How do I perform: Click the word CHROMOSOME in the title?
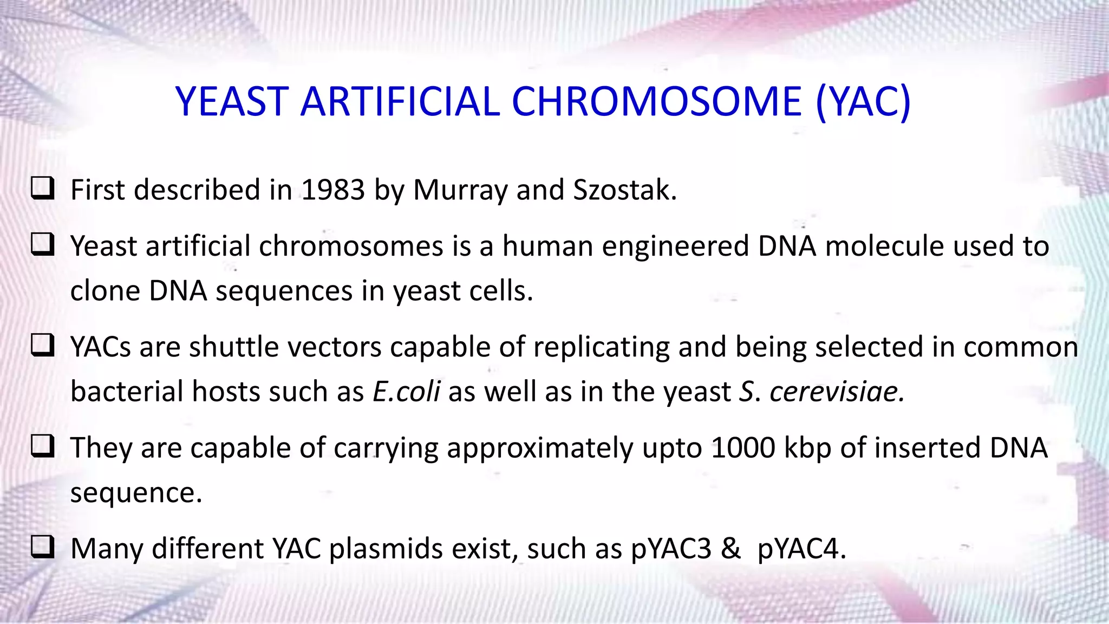pyautogui.click(x=656, y=102)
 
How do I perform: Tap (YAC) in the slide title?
pyautogui.click(x=863, y=102)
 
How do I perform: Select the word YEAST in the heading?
pyautogui.click(x=232, y=102)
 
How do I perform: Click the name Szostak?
pyautogui.click(x=624, y=190)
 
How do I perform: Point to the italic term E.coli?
pyautogui.click(x=406, y=392)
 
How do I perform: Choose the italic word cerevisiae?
pyautogui.click(x=837, y=392)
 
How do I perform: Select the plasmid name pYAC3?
pyautogui.click(x=671, y=549)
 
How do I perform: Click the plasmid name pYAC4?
pyautogui.click(x=801, y=549)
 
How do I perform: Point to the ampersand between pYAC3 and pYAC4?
pyautogui.click(x=730, y=548)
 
